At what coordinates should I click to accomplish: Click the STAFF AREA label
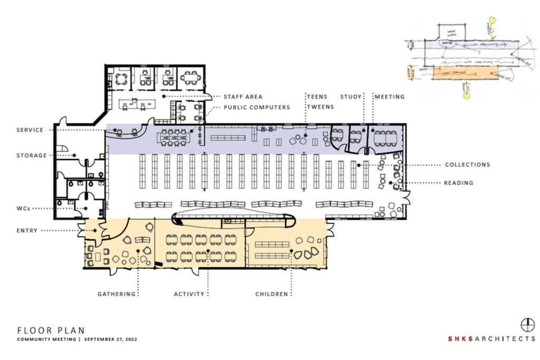pyautogui.click(x=244, y=97)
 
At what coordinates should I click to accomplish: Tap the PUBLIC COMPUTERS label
pyautogui.click(x=257, y=107)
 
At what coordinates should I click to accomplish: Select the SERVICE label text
pyautogui.click(x=30, y=130)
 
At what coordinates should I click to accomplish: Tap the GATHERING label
pyautogui.click(x=117, y=294)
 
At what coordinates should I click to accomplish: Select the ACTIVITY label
pyautogui.click(x=189, y=294)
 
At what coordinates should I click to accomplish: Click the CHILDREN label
pyautogui.click(x=272, y=294)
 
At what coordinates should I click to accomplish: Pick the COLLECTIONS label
pyautogui.click(x=468, y=164)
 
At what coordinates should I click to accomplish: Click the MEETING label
pyautogui.click(x=390, y=96)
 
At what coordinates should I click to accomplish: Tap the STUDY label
pyautogui.click(x=351, y=96)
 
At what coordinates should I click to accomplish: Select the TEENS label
pyautogui.click(x=317, y=96)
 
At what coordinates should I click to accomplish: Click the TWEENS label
pyautogui.click(x=320, y=107)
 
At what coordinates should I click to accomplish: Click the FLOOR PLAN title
pyautogui.click(x=51, y=330)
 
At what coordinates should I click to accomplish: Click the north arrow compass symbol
pyautogui.click(x=527, y=324)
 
